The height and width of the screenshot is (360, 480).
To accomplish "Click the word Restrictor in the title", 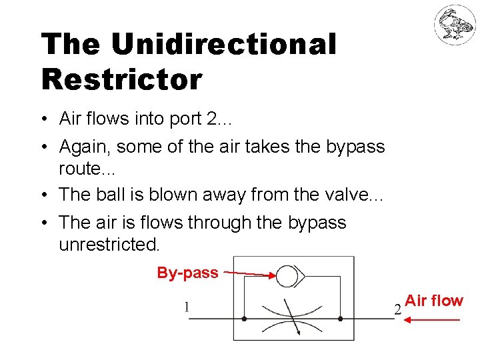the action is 121,79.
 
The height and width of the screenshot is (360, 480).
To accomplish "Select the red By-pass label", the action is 187,273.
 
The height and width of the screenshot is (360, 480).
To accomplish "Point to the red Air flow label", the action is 434,301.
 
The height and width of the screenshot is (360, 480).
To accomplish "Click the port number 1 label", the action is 187,307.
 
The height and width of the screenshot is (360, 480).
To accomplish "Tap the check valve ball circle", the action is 287,275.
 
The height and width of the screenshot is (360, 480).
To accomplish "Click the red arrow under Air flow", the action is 433,321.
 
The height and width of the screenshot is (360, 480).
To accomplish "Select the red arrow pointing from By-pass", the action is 249,273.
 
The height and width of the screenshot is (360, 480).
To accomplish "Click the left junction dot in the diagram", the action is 245,319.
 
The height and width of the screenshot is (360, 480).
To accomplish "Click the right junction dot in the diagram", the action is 341,319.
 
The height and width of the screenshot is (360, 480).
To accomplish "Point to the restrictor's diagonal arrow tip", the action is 298,333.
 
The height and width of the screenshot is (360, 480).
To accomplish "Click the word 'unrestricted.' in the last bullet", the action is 109,245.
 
